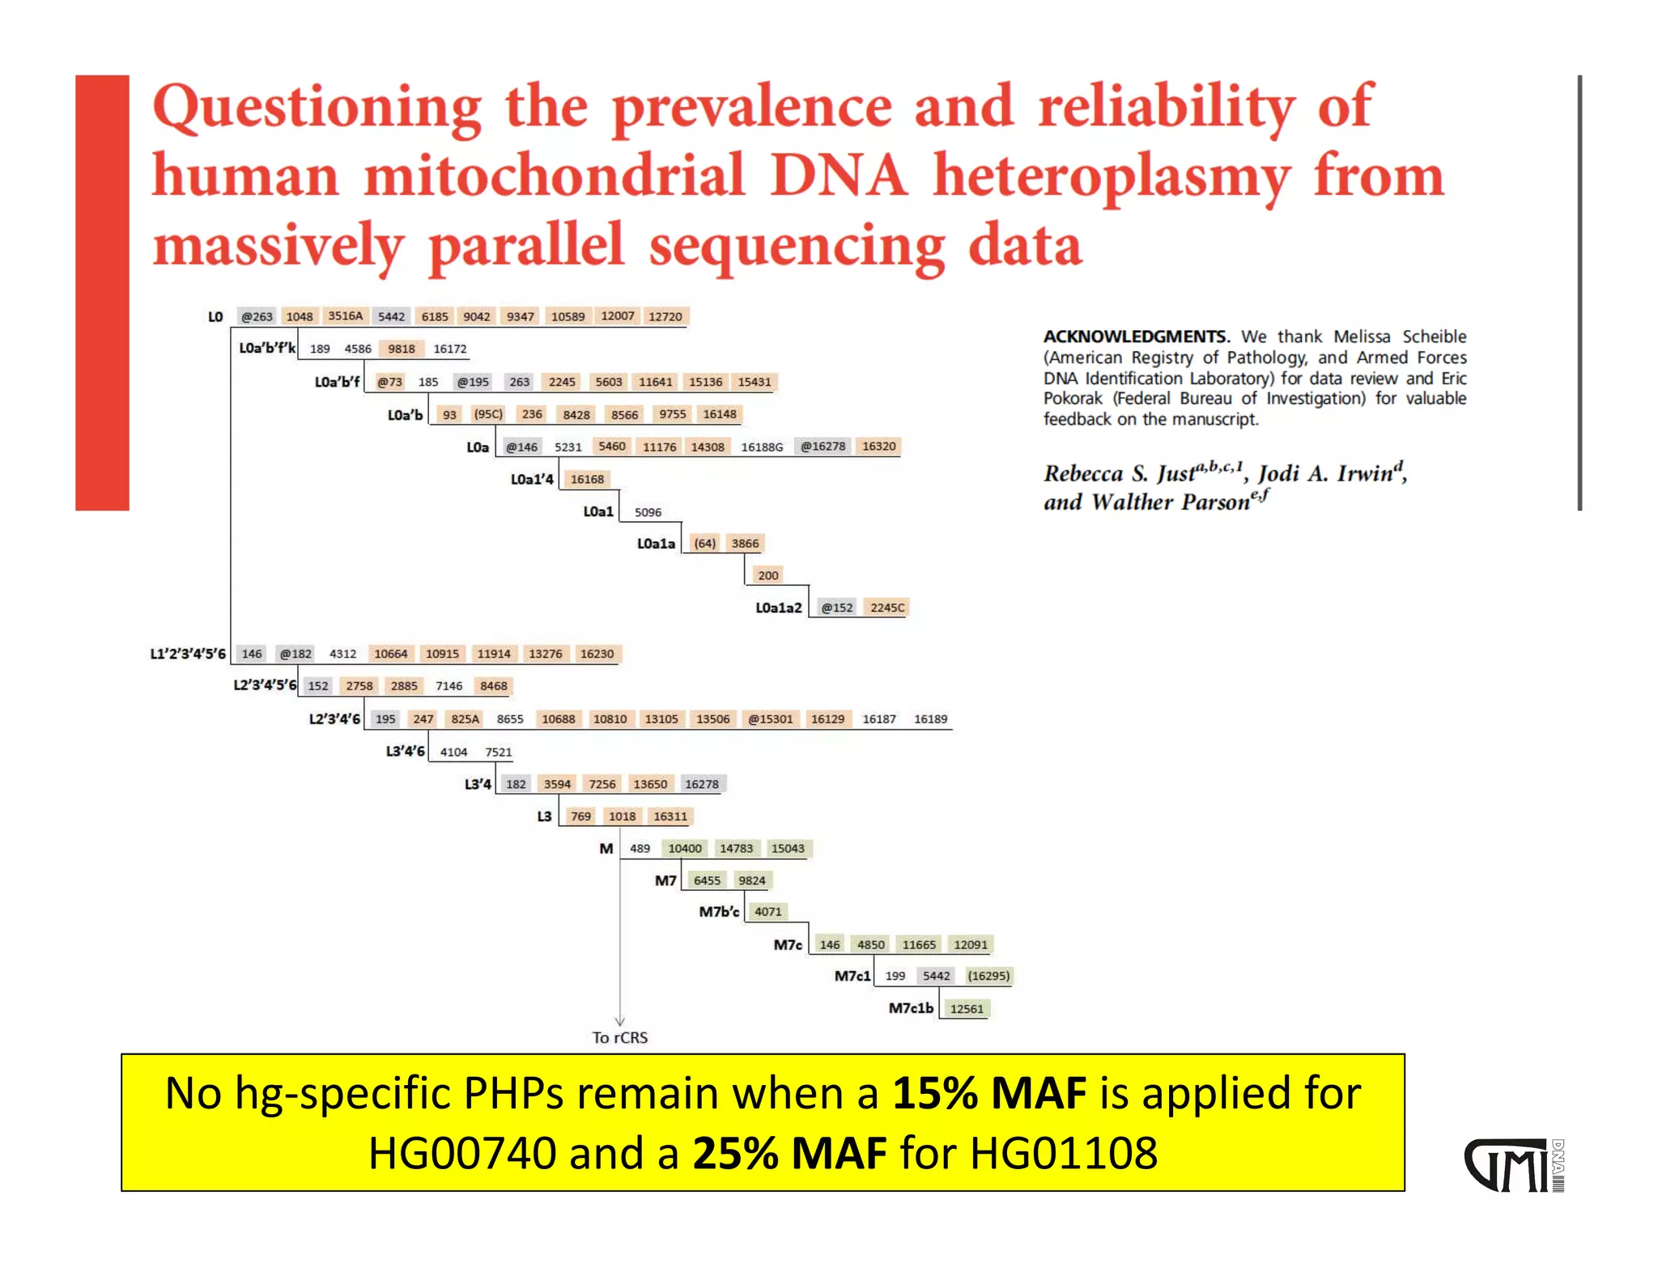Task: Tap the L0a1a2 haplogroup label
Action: tap(778, 608)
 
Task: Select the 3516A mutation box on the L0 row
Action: tap(346, 316)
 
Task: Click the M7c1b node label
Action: tap(911, 1008)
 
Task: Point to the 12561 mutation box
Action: tap(967, 1009)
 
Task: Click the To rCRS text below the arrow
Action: tap(619, 1037)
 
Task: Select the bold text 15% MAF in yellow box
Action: tap(989, 1093)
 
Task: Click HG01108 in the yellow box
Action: tap(1064, 1153)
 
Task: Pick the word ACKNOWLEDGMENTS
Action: tap(1136, 337)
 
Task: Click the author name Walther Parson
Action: tap(1171, 502)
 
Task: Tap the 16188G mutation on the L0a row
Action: tap(762, 447)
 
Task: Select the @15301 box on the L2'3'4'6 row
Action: tap(770, 718)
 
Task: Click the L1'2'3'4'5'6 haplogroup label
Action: tap(188, 654)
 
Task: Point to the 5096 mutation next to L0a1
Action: tap(648, 512)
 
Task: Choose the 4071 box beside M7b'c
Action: tap(768, 912)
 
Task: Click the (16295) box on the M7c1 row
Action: tap(988, 976)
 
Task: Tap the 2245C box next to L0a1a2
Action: tap(887, 608)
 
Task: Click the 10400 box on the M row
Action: tap(685, 848)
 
